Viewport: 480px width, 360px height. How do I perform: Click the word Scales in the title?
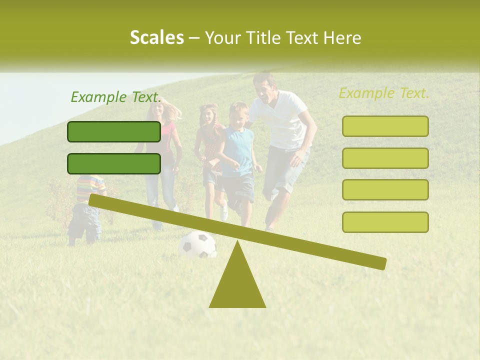click(156, 37)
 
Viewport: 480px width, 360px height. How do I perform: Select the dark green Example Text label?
click(116, 97)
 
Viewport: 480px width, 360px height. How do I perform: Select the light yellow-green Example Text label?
click(384, 93)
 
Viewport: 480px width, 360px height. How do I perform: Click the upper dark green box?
click(114, 131)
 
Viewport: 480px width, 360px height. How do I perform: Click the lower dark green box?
click(114, 163)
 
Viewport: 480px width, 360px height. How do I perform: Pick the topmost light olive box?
click(385, 126)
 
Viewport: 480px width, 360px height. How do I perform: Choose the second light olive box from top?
click(385, 158)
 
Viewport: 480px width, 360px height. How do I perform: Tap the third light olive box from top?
click(385, 189)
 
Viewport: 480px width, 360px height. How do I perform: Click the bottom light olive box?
click(385, 222)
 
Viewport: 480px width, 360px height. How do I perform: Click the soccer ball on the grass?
click(197, 245)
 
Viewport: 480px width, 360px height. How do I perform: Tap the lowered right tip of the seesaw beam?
click(382, 263)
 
